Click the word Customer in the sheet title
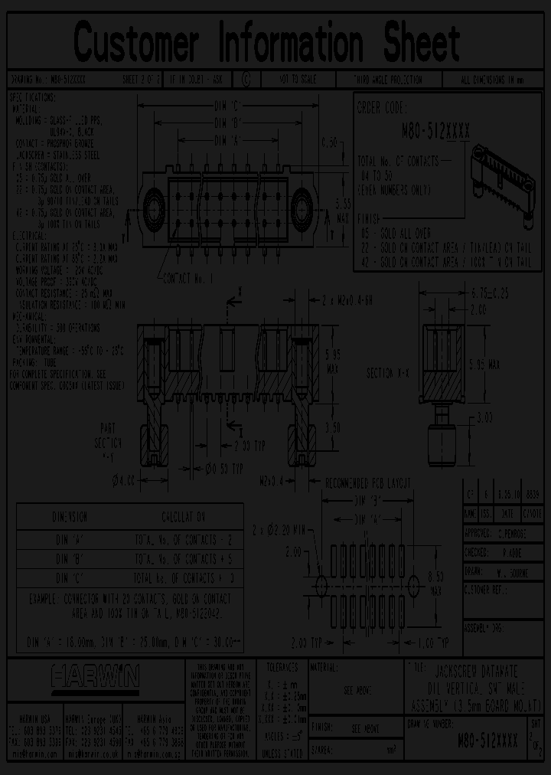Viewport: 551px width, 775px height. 137,41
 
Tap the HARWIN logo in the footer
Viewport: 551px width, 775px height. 95,677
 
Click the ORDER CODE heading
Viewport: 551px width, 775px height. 383,108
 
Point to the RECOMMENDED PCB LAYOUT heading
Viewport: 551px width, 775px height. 357,483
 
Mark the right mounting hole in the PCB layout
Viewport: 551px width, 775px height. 414,586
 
